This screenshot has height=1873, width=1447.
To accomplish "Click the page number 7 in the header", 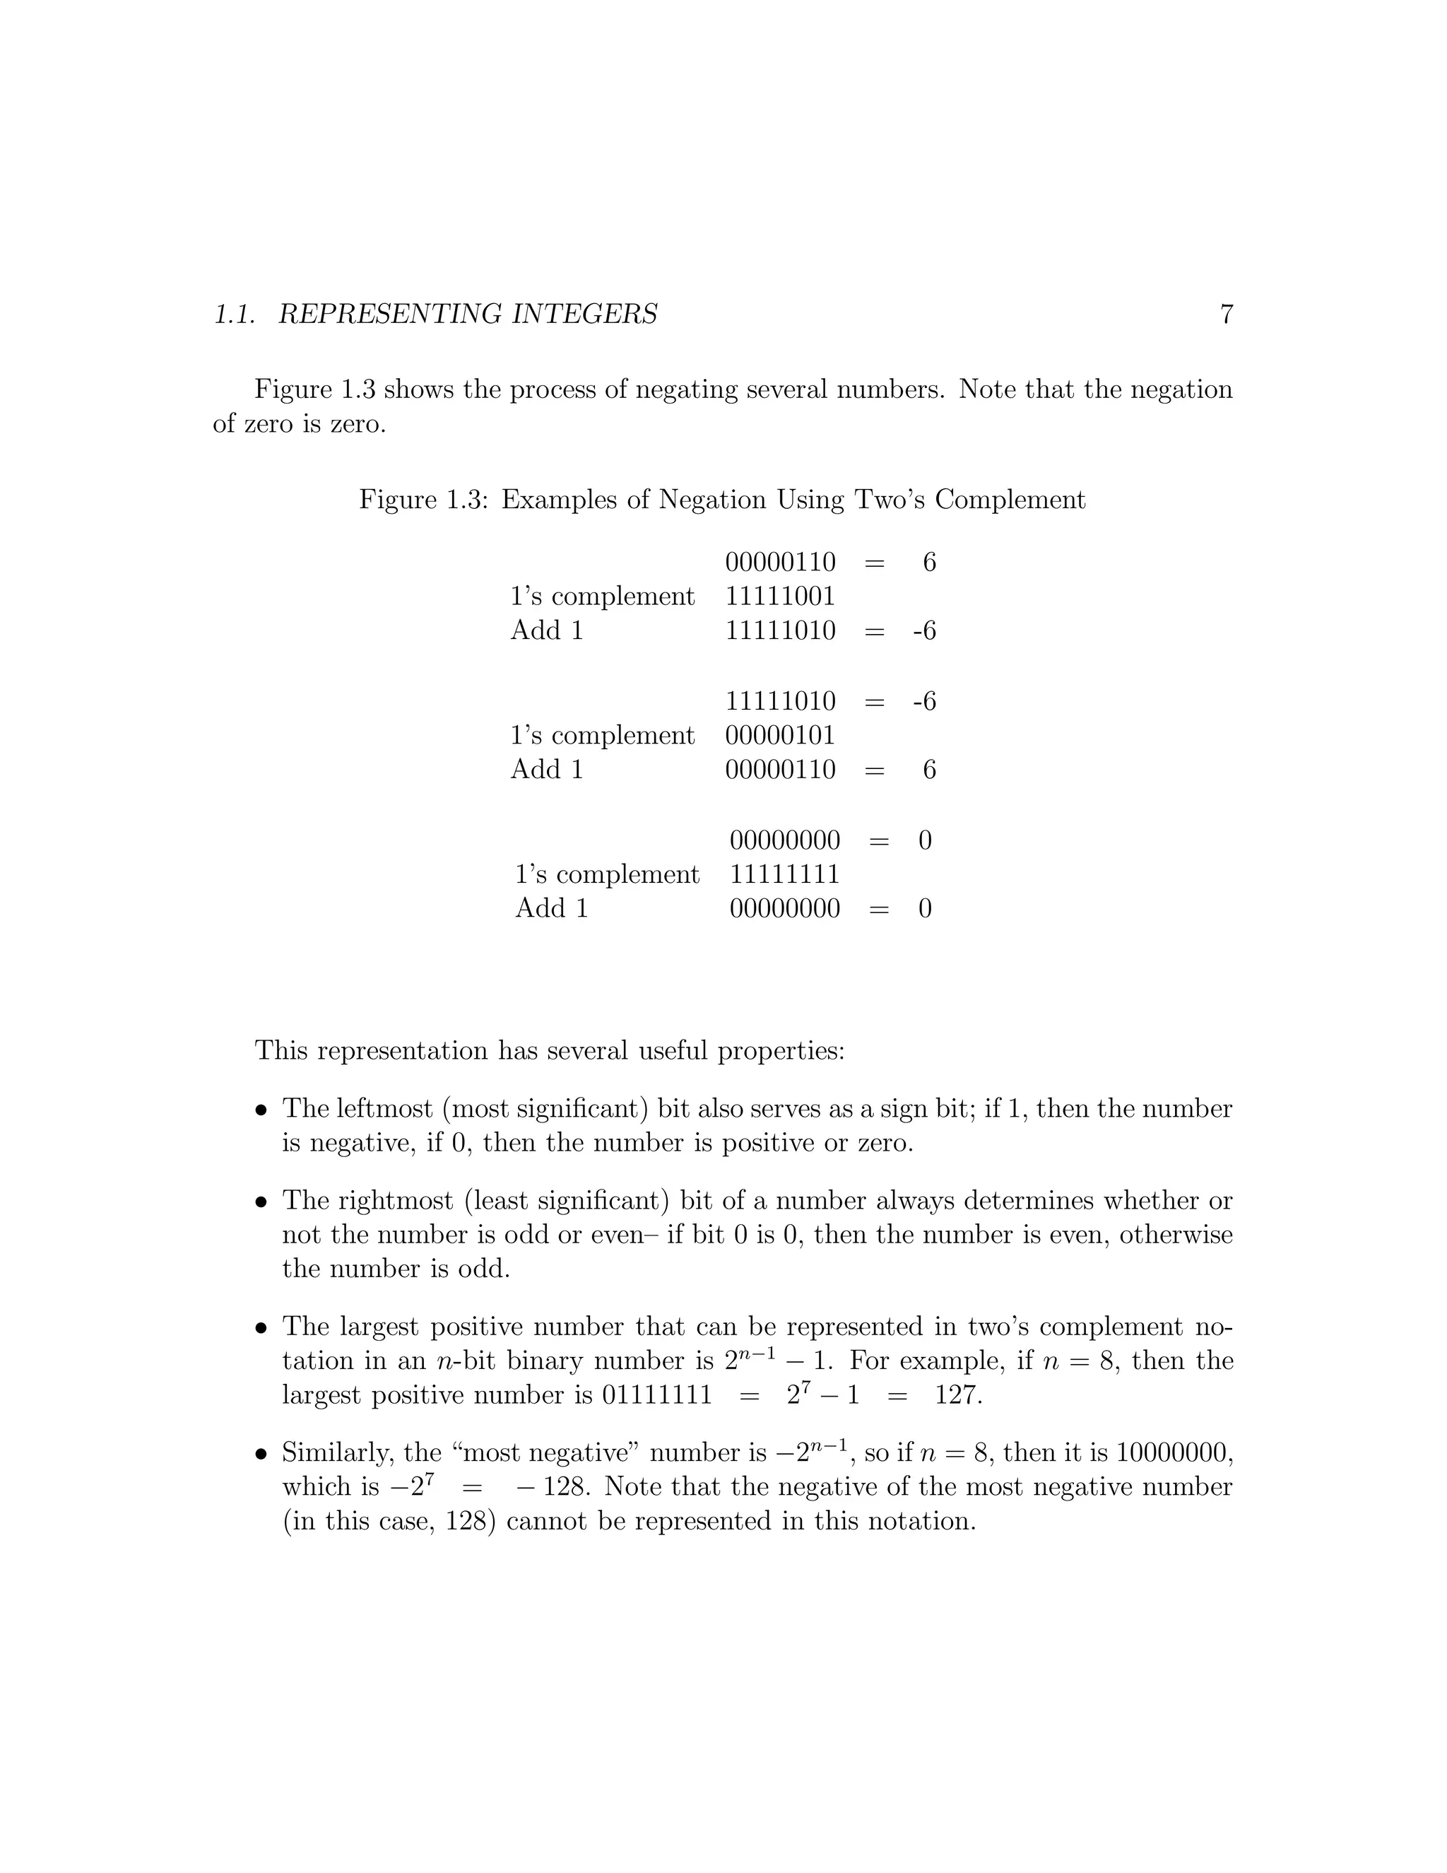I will click(1226, 315).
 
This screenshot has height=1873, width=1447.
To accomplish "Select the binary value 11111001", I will click(780, 596).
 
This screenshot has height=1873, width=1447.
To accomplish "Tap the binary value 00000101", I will click(780, 735).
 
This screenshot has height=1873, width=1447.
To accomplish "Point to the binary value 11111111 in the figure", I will click(784, 874).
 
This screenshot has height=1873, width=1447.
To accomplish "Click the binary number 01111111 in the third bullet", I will click(656, 1395).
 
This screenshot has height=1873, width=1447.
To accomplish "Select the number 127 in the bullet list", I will click(957, 1395).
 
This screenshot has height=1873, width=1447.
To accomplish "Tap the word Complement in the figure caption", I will click(1010, 499).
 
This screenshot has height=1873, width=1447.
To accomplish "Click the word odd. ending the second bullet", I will click(483, 1269).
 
